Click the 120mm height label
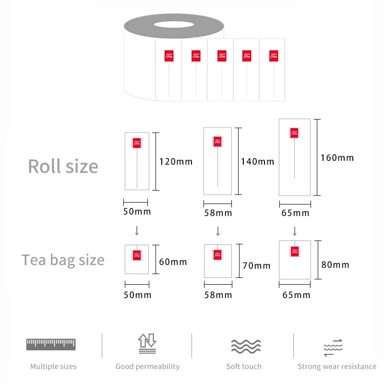[x=176, y=162]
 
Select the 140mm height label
[x=257, y=162]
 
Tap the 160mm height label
[x=337, y=158]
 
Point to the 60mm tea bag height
[x=173, y=262]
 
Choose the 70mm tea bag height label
[x=256, y=266]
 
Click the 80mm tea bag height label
[x=335, y=264]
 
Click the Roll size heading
[x=63, y=166]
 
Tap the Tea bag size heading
[x=63, y=260]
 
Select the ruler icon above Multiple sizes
[x=51, y=344]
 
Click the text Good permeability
[x=147, y=367]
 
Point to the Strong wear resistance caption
[x=337, y=367]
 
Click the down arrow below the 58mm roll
[x=218, y=231]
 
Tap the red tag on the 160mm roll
[x=295, y=132]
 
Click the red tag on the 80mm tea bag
[x=295, y=251]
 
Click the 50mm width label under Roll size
[x=136, y=212]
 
